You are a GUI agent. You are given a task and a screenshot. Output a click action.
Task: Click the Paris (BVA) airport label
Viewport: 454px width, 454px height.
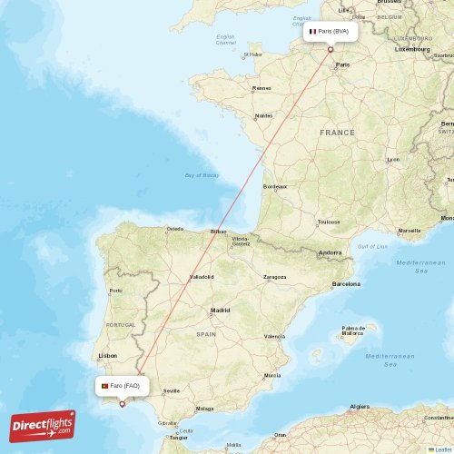coord(331,31)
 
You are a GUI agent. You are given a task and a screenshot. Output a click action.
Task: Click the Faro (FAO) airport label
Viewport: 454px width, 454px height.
coord(122,386)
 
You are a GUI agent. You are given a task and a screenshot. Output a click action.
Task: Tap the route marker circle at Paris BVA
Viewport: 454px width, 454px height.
coord(331,49)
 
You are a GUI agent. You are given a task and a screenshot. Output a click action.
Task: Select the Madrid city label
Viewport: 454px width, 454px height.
coord(220,311)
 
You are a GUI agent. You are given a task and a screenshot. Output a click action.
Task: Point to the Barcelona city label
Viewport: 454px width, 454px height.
coord(346,284)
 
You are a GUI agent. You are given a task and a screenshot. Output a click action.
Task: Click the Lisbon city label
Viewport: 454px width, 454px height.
coord(107,355)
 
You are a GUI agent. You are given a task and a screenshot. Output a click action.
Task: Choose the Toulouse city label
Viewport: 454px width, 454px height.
coord(328,222)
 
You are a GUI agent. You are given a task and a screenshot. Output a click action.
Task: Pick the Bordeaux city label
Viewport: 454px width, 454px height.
coord(274,186)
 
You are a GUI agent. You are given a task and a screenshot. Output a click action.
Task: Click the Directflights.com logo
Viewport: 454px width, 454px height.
coord(43,426)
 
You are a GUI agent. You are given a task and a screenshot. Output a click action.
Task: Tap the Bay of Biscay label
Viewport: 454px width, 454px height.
coord(202,174)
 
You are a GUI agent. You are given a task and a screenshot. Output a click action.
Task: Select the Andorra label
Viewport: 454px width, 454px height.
coord(331,252)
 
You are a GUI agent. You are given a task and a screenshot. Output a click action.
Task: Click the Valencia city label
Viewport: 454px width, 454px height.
coord(274,336)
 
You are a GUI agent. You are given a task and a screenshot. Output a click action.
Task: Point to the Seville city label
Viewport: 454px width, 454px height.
coord(172,390)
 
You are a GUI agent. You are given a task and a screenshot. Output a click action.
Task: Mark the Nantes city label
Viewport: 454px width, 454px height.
coord(264,115)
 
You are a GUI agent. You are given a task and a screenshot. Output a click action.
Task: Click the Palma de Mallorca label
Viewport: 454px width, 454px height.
coord(353,331)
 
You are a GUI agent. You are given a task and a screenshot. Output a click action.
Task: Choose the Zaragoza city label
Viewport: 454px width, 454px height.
coord(274,277)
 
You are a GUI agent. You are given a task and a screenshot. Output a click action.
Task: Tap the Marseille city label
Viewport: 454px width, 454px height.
coord(410,231)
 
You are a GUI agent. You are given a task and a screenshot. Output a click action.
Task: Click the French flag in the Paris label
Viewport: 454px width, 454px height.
coord(312,31)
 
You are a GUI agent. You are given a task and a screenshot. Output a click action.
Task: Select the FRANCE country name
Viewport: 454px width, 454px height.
coord(337,133)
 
